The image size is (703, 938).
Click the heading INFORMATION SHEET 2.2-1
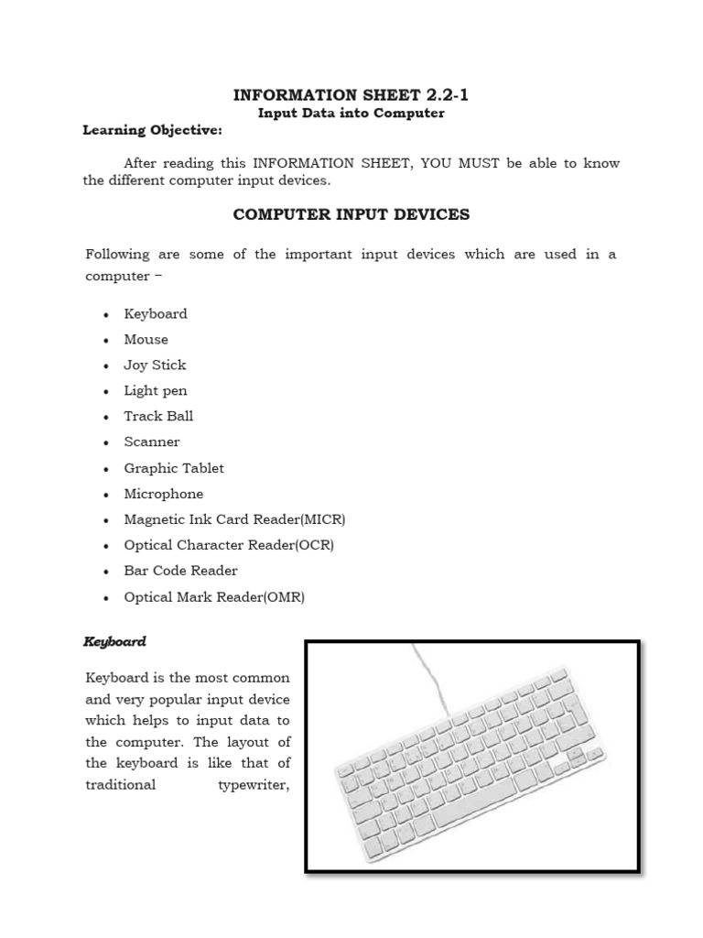[x=351, y=94]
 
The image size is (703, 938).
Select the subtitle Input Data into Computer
[x=351, y=113]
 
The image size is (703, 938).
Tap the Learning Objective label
[x=152, y=130]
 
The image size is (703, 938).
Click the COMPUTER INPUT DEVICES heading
[x=351, y=214]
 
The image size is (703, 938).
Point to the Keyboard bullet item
[x=156, y=313]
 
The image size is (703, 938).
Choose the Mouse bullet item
[x=146, y=339]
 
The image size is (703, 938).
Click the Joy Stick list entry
[x=155, y=365]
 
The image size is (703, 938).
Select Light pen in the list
[x=156, y=390]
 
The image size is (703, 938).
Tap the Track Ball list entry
[x=158, y=416]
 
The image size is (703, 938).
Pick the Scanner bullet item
[x=152, y=442]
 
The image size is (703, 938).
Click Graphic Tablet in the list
[x=174, y=468]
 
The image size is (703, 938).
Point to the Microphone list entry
[x=164, y=494]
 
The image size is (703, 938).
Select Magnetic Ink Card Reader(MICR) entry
[x=234, y=519]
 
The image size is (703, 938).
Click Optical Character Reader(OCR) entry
[x=229, y=545]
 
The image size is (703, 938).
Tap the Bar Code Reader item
[x=180, y=571]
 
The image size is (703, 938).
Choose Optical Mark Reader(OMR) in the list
[x=214, y=597]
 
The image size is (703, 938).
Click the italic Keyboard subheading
[x=114, y=642]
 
